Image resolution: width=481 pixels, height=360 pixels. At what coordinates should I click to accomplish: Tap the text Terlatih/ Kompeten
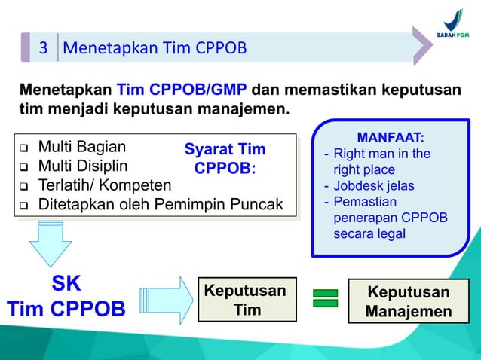(x=105, y=185)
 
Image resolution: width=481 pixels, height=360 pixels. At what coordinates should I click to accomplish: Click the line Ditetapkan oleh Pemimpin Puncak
(x=161, y=204)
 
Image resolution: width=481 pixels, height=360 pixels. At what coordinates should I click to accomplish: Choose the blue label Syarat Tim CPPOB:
(x=225, y=158)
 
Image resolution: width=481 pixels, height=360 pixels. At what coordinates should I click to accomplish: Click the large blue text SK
(x=66, y=284)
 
